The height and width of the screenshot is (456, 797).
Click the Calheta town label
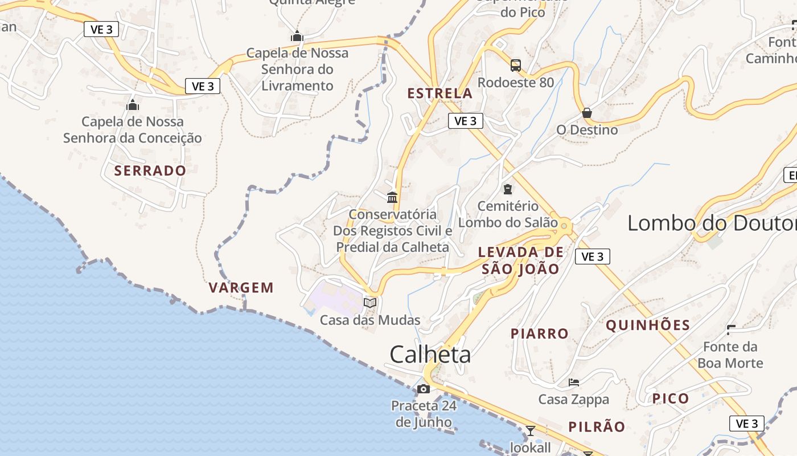(430, 355)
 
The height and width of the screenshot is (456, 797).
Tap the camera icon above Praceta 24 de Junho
(424, 389)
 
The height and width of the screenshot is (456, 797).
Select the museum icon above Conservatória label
(392, 197)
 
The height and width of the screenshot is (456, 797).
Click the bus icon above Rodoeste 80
(515, 66)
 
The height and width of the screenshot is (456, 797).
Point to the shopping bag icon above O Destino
(587, 113)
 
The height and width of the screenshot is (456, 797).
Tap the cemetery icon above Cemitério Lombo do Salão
(507, 189)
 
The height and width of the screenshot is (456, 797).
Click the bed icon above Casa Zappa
(574, 382)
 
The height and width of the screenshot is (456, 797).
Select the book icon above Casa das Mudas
(370, 303)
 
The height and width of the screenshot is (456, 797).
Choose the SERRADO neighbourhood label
(150, 170)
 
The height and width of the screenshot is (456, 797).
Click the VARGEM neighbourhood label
(241, 287)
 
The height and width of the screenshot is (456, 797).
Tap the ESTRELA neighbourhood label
(440, 93)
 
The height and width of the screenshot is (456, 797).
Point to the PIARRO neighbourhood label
(540, 333)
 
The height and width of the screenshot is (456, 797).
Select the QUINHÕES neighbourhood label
(648, 325)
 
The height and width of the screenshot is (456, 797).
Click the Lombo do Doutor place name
(712, 223)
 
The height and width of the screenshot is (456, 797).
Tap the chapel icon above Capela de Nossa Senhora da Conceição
(133, 105)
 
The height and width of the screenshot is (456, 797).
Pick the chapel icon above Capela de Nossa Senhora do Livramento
(297, 36)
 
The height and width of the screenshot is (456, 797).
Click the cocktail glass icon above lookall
(531, 430)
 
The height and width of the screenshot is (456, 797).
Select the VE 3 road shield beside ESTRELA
(466, 121)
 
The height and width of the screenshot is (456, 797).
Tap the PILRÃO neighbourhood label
(597, 426)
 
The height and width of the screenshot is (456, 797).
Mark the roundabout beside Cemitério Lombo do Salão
(564, 226)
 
